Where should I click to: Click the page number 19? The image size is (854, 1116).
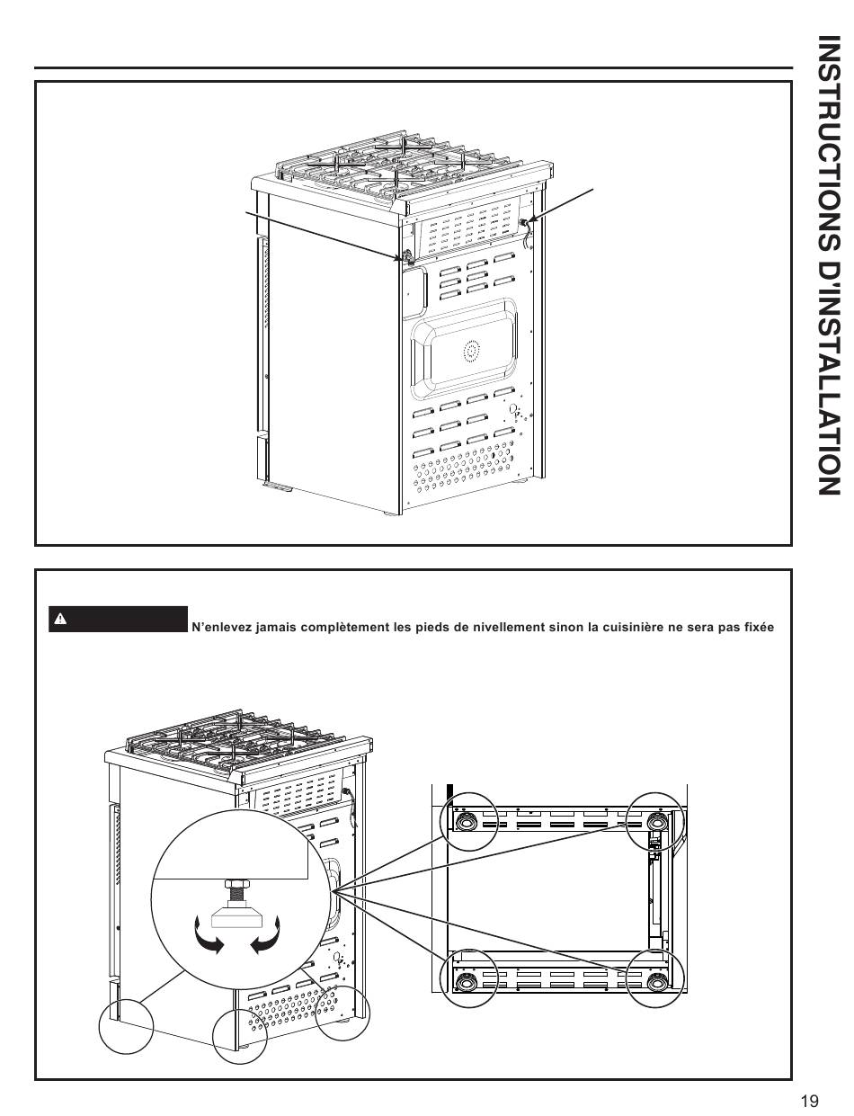(x=808, y=1101)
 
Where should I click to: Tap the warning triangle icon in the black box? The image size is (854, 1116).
(x=59, y=619)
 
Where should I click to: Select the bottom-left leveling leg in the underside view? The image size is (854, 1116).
(x=466, y=979)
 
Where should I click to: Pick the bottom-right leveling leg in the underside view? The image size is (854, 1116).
(x=654, y=979)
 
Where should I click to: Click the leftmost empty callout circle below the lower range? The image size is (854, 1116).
(x=126, y=1026)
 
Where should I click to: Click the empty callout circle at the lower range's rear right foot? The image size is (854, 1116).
(x=343, y=1013)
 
